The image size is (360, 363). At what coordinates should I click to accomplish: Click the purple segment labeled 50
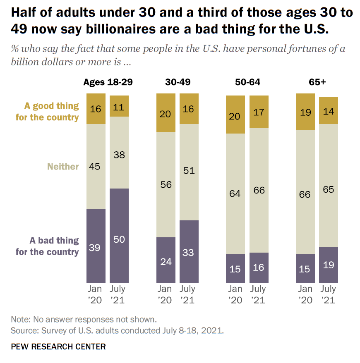(119, 236)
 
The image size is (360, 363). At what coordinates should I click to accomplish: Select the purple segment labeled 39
(96, 246)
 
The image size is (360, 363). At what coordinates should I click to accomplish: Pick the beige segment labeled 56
(166, 184)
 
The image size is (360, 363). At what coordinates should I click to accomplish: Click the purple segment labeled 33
(189, 251)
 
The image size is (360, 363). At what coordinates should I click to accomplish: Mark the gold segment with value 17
(259, 112)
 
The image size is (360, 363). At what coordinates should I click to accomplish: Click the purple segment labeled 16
(259, 267)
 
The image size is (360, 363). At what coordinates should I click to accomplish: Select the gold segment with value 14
(329, 110)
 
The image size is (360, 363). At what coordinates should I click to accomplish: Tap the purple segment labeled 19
(329, 265)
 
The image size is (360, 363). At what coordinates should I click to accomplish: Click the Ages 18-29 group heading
(108, 82)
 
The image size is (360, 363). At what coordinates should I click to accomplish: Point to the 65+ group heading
(317, 82)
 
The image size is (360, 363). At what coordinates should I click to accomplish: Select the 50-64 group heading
(247, 82)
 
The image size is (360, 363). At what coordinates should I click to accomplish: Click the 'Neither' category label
(63, 167)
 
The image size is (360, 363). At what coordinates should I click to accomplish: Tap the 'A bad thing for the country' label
(47, 246)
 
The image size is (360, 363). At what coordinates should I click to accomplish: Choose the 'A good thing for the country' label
(47, 112)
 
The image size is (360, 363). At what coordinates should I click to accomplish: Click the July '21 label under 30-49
(189, 294)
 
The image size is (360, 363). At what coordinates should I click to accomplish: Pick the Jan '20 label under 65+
(305, 294)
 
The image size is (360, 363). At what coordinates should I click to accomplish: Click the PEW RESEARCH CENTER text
(58, 346)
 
